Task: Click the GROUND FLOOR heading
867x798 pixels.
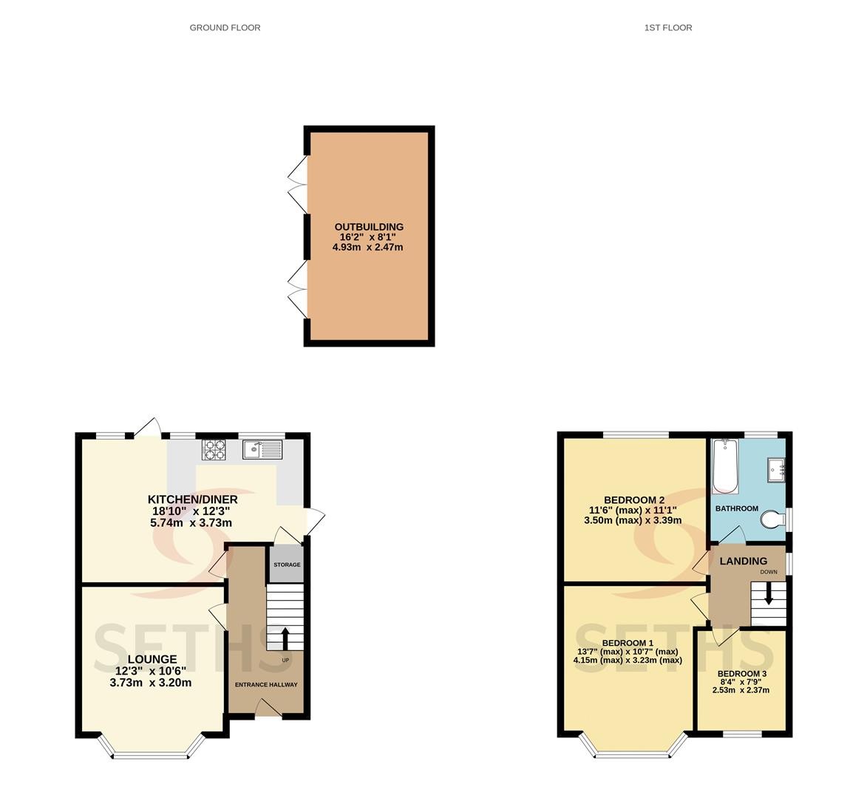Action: [x=225, y=27]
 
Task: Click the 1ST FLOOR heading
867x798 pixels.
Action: [x=668, y=27]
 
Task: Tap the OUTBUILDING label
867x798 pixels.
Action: [x=369, y=227]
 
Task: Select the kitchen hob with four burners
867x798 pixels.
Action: [x=214, y=449]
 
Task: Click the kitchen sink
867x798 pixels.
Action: [x=262, y=449]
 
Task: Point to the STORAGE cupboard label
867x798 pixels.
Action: [x=287, y=565]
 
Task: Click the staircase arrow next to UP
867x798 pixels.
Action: [x=285, y=639]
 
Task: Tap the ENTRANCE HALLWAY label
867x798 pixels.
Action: [x=266, y=685]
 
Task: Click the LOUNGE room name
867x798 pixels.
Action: [x=152, y=659]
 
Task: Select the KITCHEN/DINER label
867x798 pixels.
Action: [x=192, y=499]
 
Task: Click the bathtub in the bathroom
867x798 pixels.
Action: [x=725, y=465]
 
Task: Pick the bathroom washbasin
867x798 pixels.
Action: [x=776, y=470]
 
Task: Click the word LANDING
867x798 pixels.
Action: [x=743, y=561]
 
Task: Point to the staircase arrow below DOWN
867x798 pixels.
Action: [x=768, y=593]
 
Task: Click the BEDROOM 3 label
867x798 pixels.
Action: [x=741, y=674]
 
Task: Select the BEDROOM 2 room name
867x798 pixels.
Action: [x=633, y=500]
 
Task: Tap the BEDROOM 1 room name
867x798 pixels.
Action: [x=628, y=644]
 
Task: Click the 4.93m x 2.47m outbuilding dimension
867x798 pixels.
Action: [x=367, y=247]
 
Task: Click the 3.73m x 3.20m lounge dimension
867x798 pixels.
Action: [x=151, y=683]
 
